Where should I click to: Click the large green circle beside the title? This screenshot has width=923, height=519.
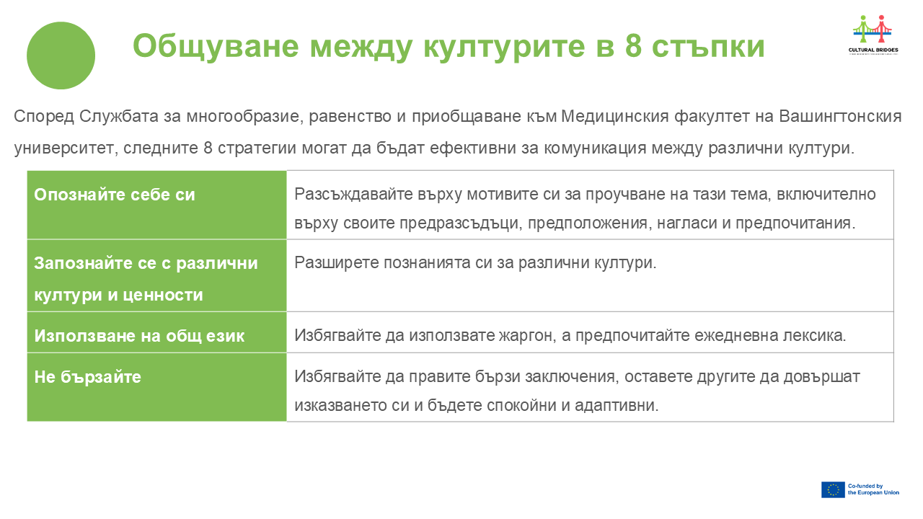tap(61, 56)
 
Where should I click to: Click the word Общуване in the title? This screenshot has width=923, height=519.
tap(216, 47)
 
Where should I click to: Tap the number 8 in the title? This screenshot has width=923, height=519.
tap(633, 46)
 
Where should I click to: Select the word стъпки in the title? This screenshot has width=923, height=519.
tap(708, 47)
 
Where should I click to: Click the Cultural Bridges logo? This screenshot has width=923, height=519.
tap(873, 35)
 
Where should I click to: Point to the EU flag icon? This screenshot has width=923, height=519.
tap(833, 489)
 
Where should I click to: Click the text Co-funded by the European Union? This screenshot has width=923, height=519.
tap(873, 489)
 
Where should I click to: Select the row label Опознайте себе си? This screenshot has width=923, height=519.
tap(115, 195)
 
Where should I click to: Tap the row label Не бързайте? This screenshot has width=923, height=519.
tap(88, 377)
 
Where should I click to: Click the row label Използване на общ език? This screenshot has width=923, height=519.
tap(139, 336)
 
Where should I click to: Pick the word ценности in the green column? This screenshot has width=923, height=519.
tap(163, 296)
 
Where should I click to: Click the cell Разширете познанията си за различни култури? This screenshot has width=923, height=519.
tap(475, 263)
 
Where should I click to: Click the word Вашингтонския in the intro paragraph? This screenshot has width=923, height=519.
tap(840, 117)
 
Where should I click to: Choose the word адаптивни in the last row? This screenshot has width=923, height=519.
tap(617, 406)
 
